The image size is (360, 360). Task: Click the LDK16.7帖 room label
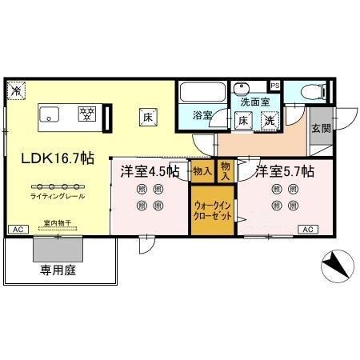coord(53,158)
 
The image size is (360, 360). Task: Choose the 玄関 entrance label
coord(321,129)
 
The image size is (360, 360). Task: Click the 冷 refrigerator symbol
coord(15,91)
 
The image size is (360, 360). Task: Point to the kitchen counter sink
coord(50,114)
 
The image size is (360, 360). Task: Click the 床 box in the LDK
coord(148,115)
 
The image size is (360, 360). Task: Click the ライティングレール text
coord(58,197)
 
